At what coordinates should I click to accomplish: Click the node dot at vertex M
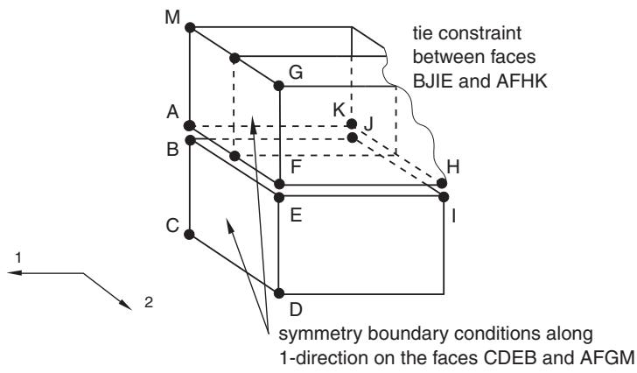(190, 28)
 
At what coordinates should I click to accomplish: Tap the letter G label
(296, 73)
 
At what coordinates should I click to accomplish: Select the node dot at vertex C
(189, 235)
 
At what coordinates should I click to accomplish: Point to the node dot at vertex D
(278, 293)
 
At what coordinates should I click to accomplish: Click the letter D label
(296, 310)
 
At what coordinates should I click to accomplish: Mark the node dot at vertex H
(442, 183)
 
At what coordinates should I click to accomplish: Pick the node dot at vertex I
(444, 197)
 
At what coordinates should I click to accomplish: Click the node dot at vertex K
(352, 124)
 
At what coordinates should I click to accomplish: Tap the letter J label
(368, 124)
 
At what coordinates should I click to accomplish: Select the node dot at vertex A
(189, 125)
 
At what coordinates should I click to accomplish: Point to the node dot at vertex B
(190, 141)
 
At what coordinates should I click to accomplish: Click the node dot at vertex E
(278, 198)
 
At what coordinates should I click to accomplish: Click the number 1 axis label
(17, 257)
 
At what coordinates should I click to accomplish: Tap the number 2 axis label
(149, 302)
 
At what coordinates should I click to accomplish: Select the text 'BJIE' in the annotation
(432, 81)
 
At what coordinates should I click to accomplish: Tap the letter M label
(172, 18)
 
